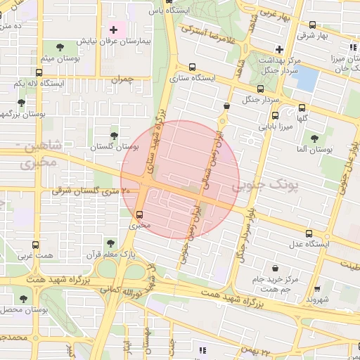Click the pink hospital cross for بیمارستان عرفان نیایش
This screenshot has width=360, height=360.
113,30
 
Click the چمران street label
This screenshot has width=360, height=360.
121,80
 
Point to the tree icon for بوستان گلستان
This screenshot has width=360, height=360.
114,134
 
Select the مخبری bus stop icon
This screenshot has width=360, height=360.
139,214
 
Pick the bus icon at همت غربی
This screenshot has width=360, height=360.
37,246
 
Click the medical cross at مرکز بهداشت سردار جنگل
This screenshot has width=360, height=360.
280,49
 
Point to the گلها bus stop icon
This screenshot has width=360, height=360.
302,108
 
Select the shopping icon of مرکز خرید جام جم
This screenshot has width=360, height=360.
274,267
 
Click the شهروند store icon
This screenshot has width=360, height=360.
316,288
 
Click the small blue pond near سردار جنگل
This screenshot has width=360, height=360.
307,79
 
